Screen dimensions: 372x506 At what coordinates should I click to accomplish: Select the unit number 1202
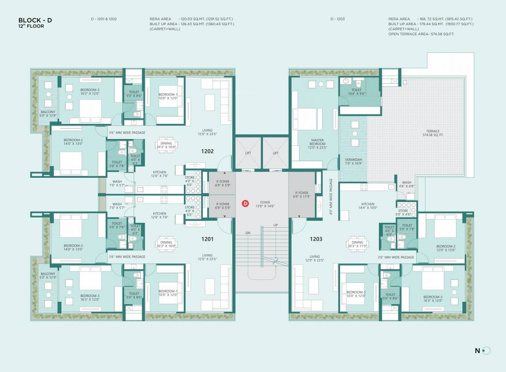pos(208,151)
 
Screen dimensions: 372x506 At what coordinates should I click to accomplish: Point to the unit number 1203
pos(316,238)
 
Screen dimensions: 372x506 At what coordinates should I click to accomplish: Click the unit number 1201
pos(208,238)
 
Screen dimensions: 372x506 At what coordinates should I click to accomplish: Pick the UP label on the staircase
pos(276,226)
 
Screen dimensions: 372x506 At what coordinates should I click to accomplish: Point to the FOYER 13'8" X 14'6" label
pos(265,204)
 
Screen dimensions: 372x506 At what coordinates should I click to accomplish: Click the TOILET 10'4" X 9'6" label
pos(357,92)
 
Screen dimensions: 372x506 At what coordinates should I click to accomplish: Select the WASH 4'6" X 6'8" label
pos(407,185)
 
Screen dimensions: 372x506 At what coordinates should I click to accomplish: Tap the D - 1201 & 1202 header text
pos(103,18)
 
